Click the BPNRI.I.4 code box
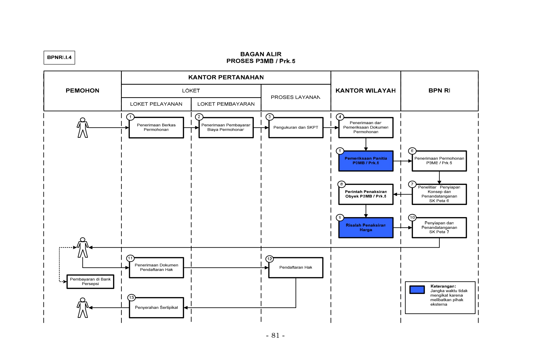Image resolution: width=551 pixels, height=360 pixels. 59,58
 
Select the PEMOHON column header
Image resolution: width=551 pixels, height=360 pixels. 83,91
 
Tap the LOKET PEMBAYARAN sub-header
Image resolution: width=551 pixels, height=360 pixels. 226,104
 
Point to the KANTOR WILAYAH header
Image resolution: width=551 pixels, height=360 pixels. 366,91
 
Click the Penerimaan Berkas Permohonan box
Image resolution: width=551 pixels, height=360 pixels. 156,128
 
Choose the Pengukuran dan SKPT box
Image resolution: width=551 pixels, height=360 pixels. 296,128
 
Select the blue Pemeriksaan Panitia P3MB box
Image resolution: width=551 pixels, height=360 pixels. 366,161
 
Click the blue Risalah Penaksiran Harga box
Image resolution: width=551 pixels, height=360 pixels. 366,228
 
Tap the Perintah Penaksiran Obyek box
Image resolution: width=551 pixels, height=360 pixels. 366,194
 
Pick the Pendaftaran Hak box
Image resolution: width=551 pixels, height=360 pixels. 296,268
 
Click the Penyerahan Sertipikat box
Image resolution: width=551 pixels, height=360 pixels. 157,308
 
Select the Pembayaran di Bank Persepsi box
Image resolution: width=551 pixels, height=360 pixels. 90,282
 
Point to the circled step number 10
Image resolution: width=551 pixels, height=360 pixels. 412,217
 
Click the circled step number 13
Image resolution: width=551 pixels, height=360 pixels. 131,298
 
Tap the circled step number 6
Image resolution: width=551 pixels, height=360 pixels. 412,151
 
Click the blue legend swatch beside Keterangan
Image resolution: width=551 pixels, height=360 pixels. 417,290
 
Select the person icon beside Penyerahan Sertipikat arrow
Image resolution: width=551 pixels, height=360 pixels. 83,308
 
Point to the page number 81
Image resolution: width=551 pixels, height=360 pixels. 275,335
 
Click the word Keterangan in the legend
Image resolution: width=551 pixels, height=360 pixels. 443,286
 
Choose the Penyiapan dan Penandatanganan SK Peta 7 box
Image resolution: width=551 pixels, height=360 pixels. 439,228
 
